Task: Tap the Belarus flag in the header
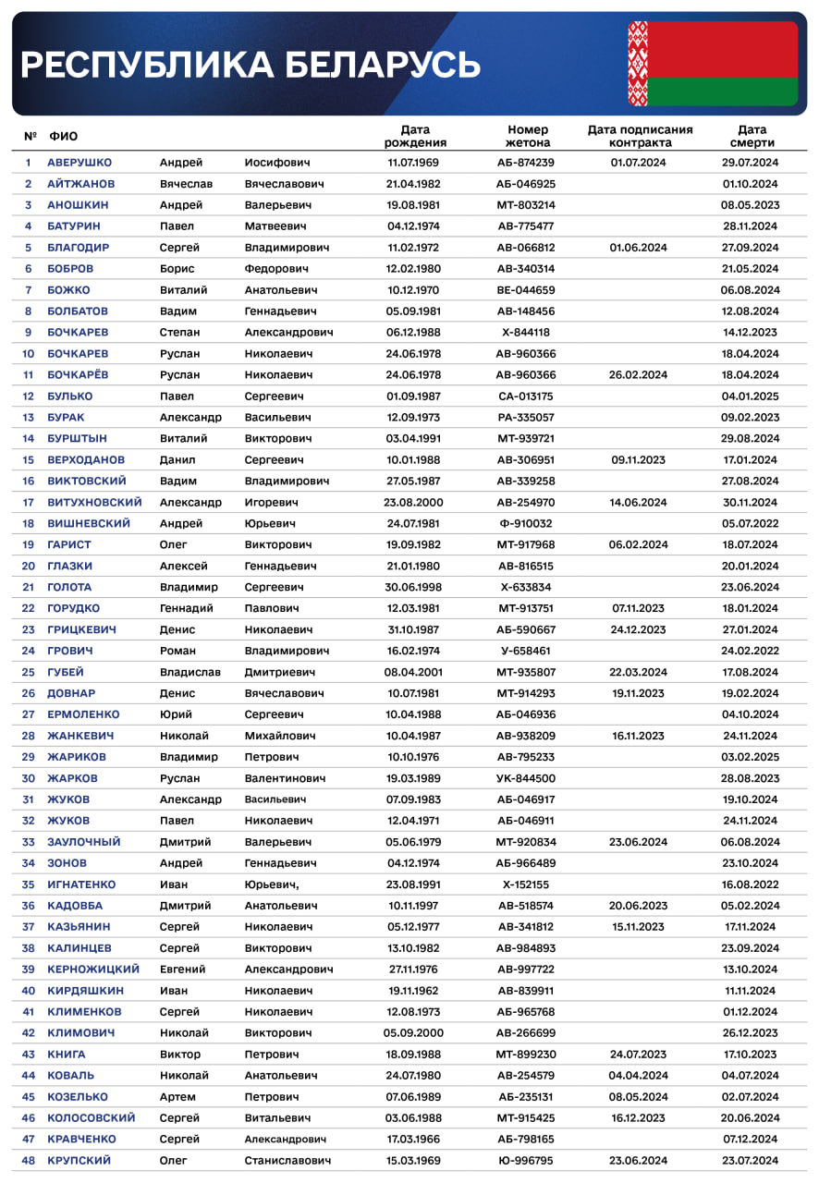pos(713,64)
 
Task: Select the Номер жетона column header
pos(527,136)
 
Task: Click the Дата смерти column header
pos(752,136)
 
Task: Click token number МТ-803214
pos(525,205)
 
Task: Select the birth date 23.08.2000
pos(414,503)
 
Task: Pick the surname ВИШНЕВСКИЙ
pos(89,524)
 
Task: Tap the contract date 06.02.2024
pos(638,545)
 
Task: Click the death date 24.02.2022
pos(750,651)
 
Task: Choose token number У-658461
pos(525,651)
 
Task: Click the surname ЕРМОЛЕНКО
pos(83,714)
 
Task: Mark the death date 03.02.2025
pos(750,757)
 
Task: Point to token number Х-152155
pos(525,884)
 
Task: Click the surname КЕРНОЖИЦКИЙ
pos(93,970)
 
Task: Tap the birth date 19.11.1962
pos(414,991)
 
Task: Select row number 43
pos(28,1055)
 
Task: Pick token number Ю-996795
pos(525,1161)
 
